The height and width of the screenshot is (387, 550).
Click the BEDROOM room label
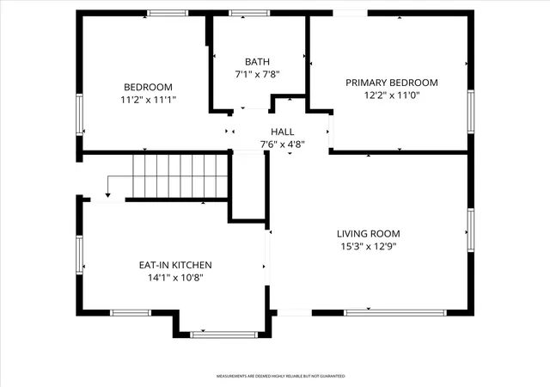coord(148,87)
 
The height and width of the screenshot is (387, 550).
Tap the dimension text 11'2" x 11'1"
coord(148,100)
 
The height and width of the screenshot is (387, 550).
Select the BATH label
coord(257,62)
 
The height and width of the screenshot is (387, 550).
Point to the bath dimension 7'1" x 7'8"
coord(257,75)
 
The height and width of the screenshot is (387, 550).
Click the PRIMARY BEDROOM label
coord(392,83)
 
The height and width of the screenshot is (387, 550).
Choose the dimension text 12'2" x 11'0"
coord(392,95)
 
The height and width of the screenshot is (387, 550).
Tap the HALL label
coord(283,132)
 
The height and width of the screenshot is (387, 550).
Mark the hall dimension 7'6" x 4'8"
coord(283,144)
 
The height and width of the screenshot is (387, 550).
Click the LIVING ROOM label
coord(369,234)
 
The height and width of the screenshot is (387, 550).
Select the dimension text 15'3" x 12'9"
coord(369,247)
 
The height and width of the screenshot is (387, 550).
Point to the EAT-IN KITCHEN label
coord(175,265)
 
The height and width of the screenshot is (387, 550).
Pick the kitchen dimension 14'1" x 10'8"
coord(175,278)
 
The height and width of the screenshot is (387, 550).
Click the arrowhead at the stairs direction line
coord(108,195)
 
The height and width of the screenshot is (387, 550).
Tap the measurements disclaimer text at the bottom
coord(281,376)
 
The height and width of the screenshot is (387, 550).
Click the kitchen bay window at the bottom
coord(223,335)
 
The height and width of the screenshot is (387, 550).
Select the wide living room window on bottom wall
coord(395,312)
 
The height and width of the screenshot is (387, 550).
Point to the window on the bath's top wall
coord(249,13)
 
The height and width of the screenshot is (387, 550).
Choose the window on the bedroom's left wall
coord(80,114)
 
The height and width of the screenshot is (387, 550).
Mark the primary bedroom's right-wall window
coord(471,112)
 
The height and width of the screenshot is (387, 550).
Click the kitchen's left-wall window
coord(80,255)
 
